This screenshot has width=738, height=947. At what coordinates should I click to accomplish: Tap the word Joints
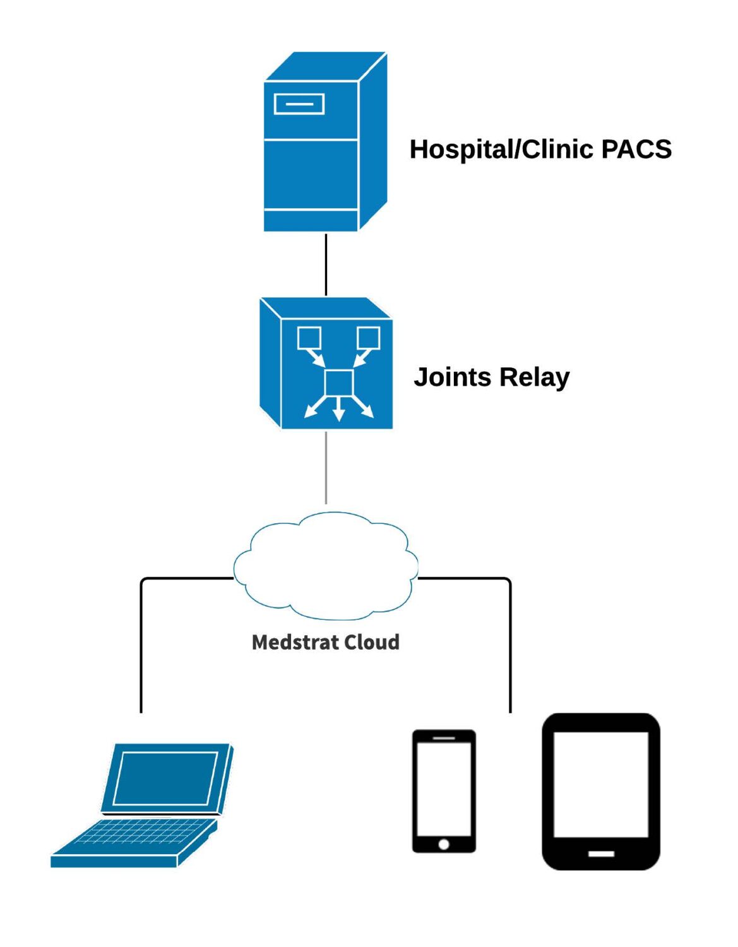pyautogui.click(x=452, y=377)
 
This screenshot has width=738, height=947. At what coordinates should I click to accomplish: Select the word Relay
pyautogui.click(x=534, y=377)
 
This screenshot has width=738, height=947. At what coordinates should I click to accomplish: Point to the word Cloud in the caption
pyautogui.click(x=372, y=642)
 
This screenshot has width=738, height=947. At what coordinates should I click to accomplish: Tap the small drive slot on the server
pyautogui.click(x=299, y=104)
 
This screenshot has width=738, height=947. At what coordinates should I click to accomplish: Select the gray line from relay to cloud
pyautogui.click(x=326, y=467)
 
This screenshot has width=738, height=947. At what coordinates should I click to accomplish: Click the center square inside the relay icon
pyautogui.click(x=338, y=383)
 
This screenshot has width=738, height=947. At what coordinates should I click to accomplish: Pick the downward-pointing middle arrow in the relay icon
pyautogui.click(x=338, y=410)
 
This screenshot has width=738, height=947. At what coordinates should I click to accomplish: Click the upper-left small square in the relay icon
pyautogui.click(x=309, y=338)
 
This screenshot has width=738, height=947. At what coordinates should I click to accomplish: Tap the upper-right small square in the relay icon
pyautogui.click(x=368, y=338)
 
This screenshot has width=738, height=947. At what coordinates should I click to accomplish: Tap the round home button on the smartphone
pyautogui.click(x=444, y=844)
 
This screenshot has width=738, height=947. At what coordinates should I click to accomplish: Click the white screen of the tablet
pyautogui.click(x=601, y=784)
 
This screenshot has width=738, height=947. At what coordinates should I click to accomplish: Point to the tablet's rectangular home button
pyautogui.click(x=601, y=854)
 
